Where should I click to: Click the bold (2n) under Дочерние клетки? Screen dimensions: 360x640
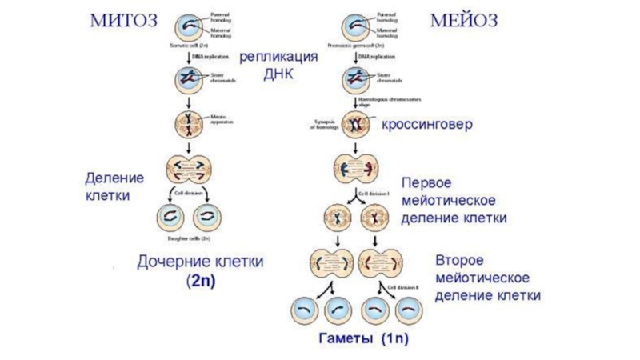pos(202,282)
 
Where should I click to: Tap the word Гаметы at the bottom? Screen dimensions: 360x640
pos(348,338)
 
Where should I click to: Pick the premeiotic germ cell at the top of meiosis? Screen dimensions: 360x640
pos(354,25)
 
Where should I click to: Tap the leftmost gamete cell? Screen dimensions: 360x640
pos(305,309)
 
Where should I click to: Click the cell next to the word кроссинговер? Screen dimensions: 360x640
pos(354,125)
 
